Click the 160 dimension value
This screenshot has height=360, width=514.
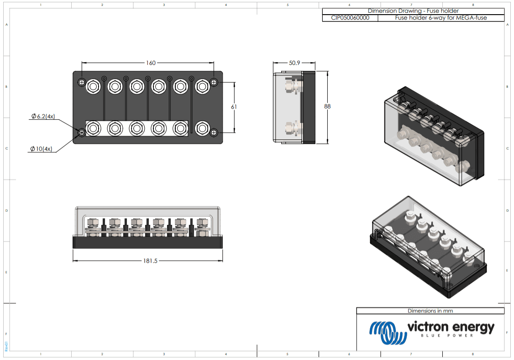point(151,63)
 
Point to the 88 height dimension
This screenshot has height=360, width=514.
point(327,106)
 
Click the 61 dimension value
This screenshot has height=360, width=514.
point(234,106)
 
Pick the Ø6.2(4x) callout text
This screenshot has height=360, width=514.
point(43,116)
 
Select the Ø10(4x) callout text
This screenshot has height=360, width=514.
point(41,149)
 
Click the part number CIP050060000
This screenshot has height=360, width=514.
point(350,18)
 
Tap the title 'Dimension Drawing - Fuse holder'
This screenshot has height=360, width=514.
point(413,11)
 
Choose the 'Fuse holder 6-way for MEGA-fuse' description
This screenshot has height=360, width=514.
point(441,18)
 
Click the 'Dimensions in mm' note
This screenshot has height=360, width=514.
point(430,311)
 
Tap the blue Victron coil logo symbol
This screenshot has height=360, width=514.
point(388,333)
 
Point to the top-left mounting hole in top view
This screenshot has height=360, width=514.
point(82,82)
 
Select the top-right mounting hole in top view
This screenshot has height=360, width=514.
point(214,82)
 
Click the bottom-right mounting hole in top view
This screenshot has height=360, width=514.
point(214,132)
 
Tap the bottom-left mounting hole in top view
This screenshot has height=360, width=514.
point(82,132)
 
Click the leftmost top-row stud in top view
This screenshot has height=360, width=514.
point(93,85)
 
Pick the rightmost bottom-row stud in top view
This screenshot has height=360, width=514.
point(202,128)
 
